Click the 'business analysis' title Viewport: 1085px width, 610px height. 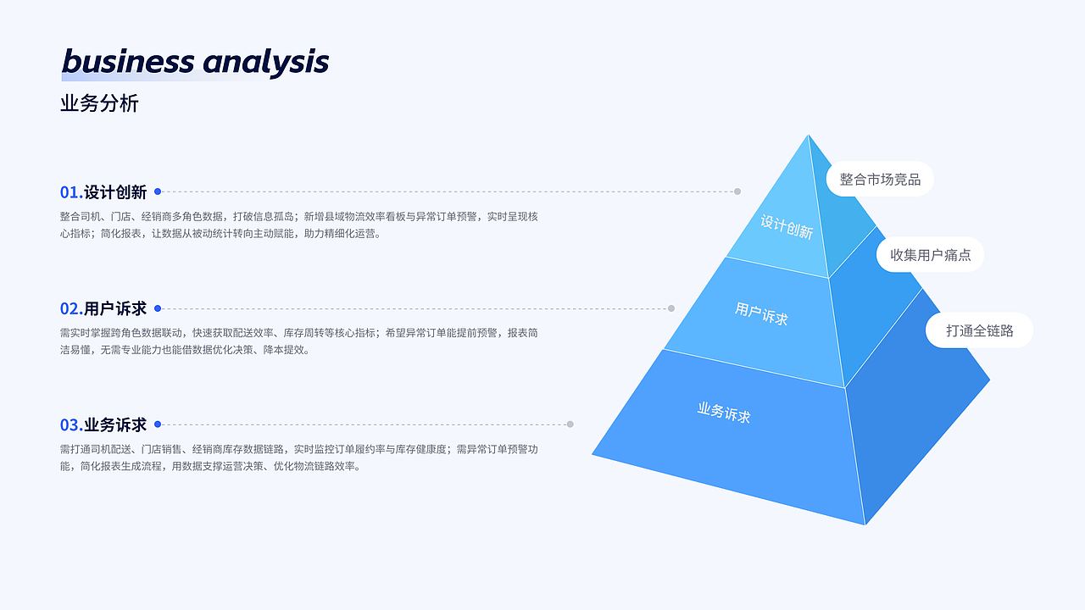click(195, 62)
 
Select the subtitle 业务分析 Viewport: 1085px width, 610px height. click(99, 103)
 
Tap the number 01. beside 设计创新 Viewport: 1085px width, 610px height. click(70, 192)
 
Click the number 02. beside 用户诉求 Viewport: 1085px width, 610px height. click(70, 308)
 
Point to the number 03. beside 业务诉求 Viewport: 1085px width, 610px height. click(70, 424)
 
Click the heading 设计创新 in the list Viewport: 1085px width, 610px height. click(115, 192)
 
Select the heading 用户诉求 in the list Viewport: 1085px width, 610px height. click(115, 308)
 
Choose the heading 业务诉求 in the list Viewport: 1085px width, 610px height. click(115, 424)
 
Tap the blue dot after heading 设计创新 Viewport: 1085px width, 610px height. click(158, 191)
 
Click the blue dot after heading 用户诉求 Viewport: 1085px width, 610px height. click(158, 308)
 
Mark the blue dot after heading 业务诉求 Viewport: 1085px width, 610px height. click(158, 424)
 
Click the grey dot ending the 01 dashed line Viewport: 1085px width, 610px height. click(737, 191)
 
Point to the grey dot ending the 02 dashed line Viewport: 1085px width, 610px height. click(671, 308)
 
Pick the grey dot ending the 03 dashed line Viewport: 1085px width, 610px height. click(570, 424)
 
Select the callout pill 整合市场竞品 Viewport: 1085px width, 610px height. click(880, 180)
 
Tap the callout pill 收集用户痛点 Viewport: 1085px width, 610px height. click(930, 254)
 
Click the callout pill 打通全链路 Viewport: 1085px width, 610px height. click(979, 330)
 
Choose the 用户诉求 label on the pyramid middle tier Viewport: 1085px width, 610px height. click(761, 313)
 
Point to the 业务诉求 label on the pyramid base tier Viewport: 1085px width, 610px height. click(724, 413)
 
